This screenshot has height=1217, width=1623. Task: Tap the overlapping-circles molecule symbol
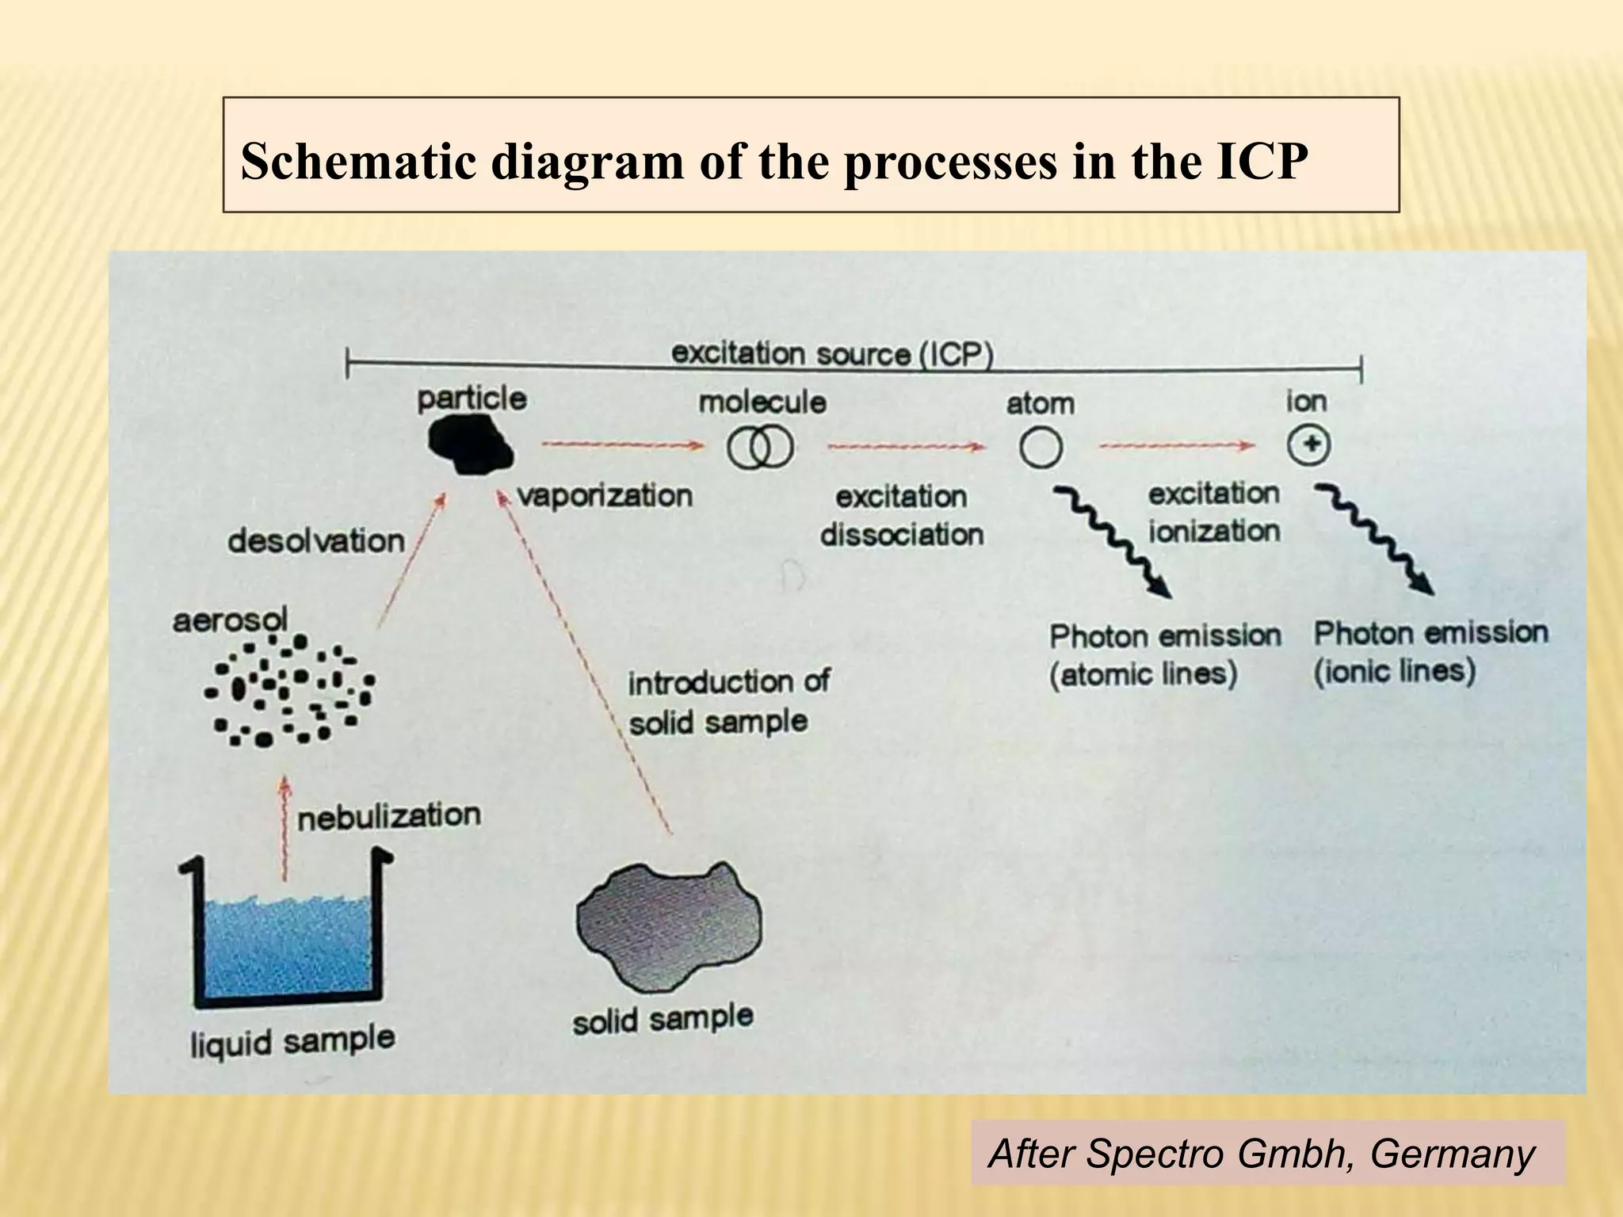pyautogui.click(x=759, y=448)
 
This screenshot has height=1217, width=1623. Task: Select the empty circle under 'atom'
pyautogui.click(x=1041, y=448)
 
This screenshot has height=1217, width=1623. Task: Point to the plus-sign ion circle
pyautogui.click(x=1308, y=445)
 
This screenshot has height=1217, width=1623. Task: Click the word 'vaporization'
pyautogui.click(x=605, y=496)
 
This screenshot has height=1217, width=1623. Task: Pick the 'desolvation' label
pyautogui.click(x=316, y=541)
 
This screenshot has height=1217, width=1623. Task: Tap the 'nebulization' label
pyautogui.click(x=389, y=817)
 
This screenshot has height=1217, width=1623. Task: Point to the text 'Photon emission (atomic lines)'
pyautogui.click(x=1164, y=654)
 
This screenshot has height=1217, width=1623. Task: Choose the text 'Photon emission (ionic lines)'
pyautogui.click(x=1430, y=651)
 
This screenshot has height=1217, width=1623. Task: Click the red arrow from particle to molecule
pyautogui.click(x=622, y=445)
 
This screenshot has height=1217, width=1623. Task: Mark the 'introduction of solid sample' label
pyautogui.click(x=727, y=702)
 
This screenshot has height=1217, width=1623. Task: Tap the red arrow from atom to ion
pyautogui.click(x=1177, y=446)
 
